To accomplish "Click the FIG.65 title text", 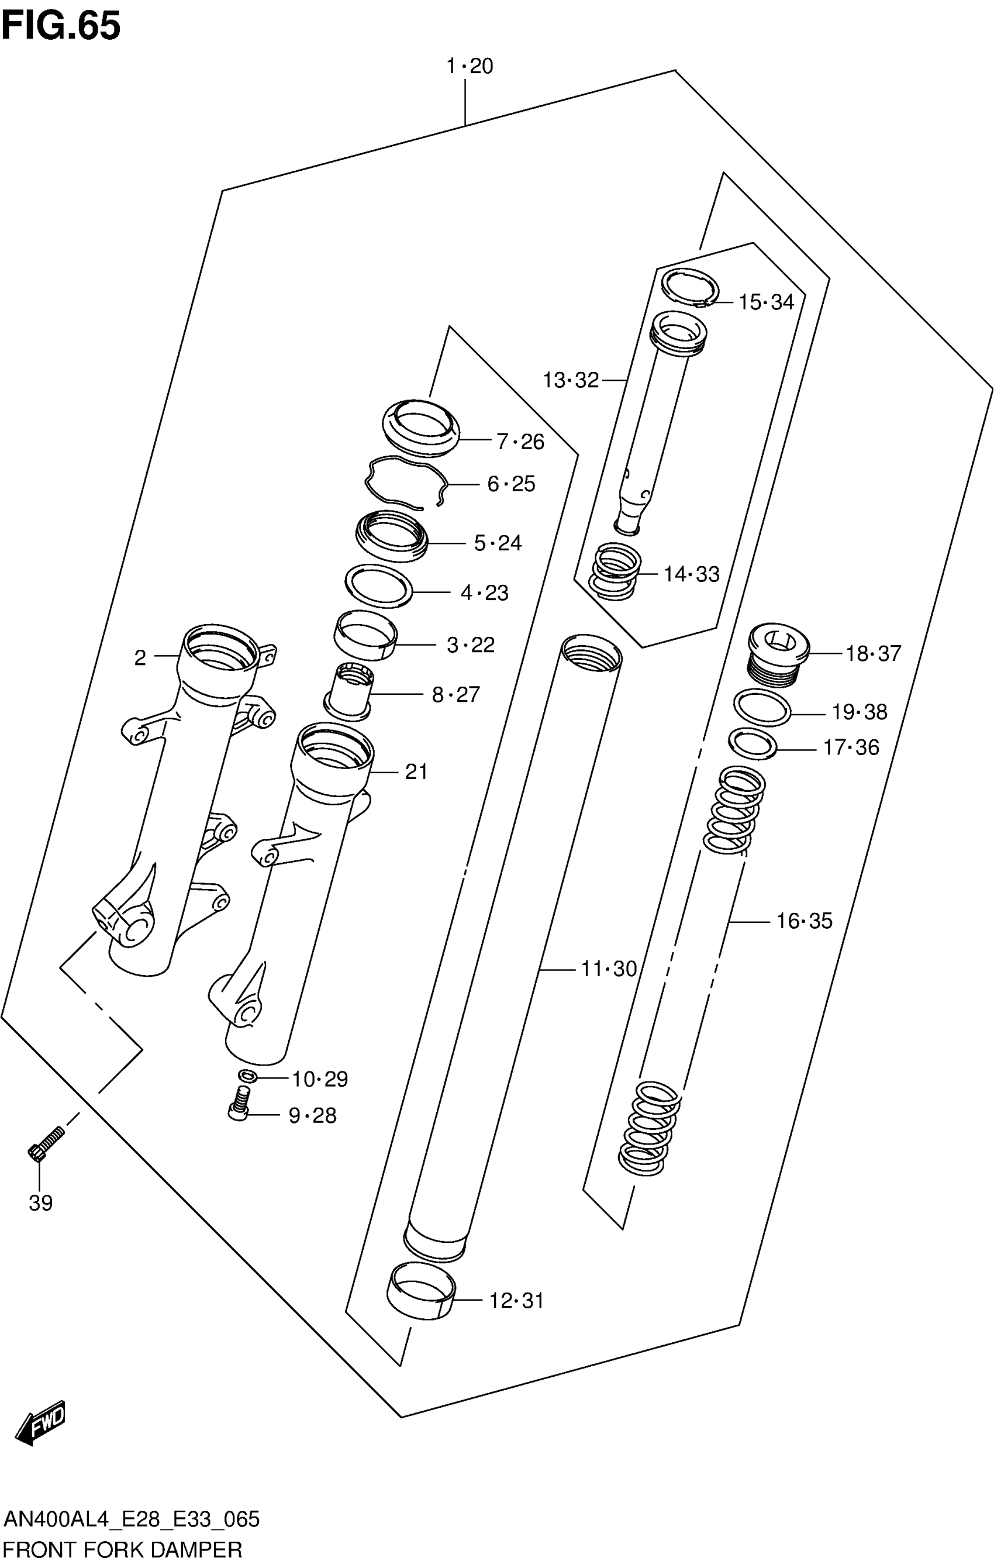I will point(61,26).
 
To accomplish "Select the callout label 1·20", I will point(469,66).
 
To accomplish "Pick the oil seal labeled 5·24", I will point(392,536).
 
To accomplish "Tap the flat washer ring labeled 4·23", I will point(378,585).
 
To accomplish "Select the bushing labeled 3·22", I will point(365,635).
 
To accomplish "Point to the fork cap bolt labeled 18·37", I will point(778,654).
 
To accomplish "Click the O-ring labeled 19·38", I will point(762,708).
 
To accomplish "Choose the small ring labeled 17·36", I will point(753,743).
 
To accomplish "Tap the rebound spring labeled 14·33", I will point(615,571).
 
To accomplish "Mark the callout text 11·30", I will point(608,969).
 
